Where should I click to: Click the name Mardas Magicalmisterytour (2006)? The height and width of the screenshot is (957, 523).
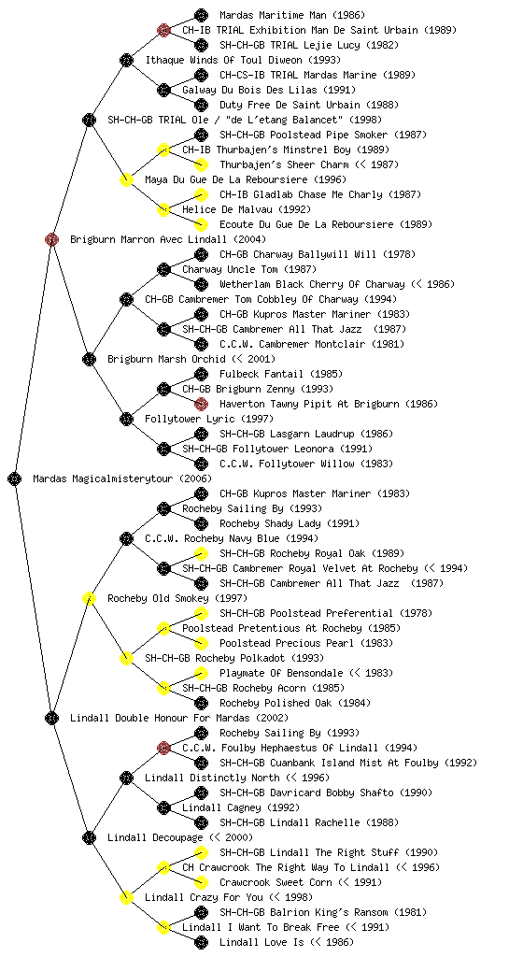click(122, 478)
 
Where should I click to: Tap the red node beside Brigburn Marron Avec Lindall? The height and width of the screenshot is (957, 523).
click(51, 239)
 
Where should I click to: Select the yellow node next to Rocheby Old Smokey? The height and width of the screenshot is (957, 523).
click(89, 598)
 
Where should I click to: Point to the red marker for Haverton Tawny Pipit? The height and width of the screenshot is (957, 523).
click(201, 404)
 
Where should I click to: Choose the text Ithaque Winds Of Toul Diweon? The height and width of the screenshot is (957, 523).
click(224, 60)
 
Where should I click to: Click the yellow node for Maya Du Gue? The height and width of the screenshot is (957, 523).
click(126, 179)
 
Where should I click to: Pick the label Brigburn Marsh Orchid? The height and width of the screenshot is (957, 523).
click(165, 359)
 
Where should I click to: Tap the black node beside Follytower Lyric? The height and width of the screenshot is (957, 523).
click(126, 419)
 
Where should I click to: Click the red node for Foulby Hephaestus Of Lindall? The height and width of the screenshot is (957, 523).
click(163, 748)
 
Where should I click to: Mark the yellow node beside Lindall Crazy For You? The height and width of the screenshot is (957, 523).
click(126, 897)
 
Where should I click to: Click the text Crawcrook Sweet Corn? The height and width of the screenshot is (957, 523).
click(276, 882)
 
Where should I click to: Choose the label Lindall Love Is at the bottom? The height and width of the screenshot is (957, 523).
click(261, 942)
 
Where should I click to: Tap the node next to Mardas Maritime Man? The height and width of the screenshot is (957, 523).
click(201, 15)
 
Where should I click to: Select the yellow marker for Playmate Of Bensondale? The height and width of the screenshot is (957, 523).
click(201, 673)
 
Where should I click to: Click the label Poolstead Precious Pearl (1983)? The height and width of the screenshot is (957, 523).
click(306, 643)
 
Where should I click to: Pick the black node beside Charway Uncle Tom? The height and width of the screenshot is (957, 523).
click(163, 269)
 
